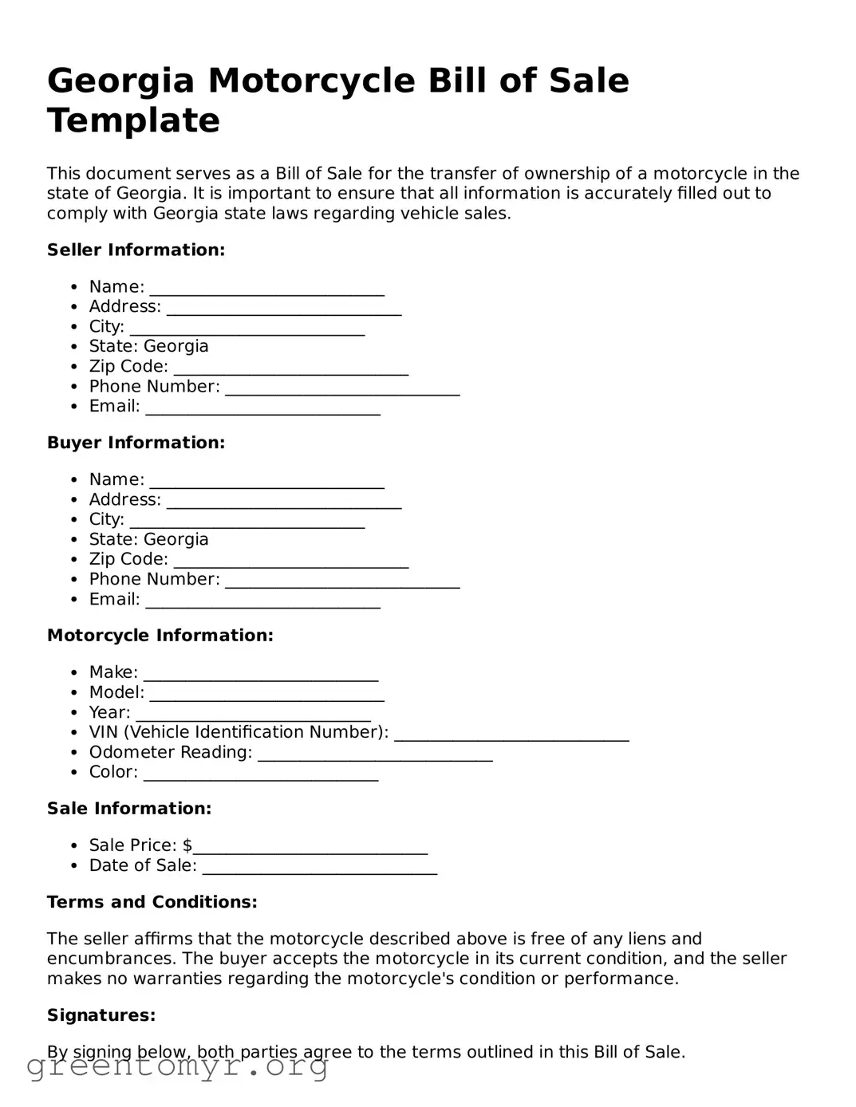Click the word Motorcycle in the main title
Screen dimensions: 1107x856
311,81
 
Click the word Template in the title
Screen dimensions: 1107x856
133,121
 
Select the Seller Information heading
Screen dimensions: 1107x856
136,250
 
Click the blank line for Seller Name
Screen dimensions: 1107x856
266,289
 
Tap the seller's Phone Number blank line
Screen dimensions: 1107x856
342,388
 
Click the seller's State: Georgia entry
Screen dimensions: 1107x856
148,346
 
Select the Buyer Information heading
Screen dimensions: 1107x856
136,443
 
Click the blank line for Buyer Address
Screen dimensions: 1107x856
283,502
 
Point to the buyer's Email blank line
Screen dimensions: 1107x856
262,601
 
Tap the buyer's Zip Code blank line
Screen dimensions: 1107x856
290,561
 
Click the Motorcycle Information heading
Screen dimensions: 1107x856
160,636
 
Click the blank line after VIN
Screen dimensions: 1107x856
511,735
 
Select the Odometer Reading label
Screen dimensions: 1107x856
170,752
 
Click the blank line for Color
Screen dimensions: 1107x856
260,774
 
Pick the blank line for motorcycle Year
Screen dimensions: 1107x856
253,715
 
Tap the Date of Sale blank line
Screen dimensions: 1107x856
319,868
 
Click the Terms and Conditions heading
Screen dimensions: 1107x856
152,902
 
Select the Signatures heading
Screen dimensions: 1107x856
101,1015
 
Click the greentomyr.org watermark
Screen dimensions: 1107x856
177,1066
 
